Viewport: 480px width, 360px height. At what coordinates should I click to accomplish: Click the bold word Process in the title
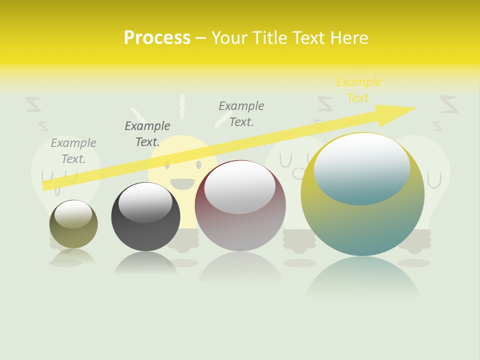(x=157, y=37)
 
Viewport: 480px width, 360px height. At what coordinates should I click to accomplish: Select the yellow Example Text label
(x=358, y=90)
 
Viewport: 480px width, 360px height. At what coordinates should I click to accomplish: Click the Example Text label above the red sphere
(x=241, y=113)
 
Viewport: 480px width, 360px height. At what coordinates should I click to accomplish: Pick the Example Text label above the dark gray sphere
(x=147, y=133)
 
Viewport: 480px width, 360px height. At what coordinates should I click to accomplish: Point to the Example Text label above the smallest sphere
(x=73, y=150)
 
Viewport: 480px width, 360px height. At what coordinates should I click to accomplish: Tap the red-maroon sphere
(x=240, y=225)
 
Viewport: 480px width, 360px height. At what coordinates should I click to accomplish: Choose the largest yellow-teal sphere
(x=362, y=220)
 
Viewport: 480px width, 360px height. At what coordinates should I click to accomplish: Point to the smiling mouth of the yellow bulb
(x=182, y=184)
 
